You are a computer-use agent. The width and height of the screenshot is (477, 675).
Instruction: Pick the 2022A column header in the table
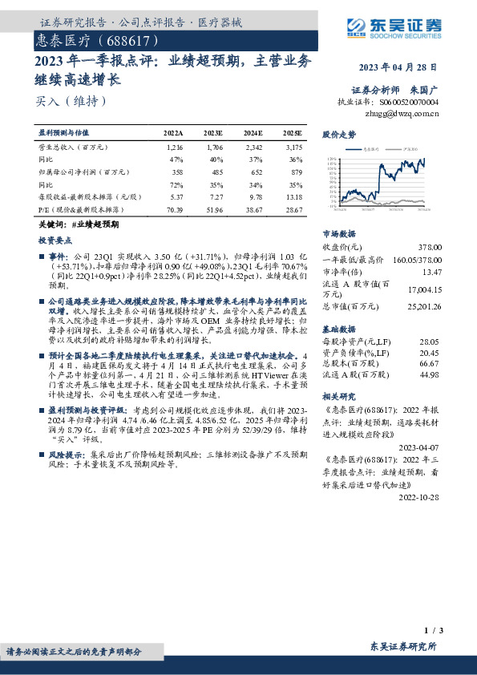coord(174,132)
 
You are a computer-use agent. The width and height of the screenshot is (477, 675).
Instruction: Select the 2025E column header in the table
coord(293,132)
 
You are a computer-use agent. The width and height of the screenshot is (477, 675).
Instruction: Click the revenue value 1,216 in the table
coord(176,148)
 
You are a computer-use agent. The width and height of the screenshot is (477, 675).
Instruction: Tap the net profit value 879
coord(296,172)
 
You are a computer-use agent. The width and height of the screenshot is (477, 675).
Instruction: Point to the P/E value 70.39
coord(174,208)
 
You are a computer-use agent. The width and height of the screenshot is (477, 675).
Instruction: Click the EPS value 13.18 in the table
coord(293,196)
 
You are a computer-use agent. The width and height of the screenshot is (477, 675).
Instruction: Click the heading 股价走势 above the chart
coord(338,134)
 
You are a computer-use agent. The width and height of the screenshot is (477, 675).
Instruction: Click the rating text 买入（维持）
coord(71,102)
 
